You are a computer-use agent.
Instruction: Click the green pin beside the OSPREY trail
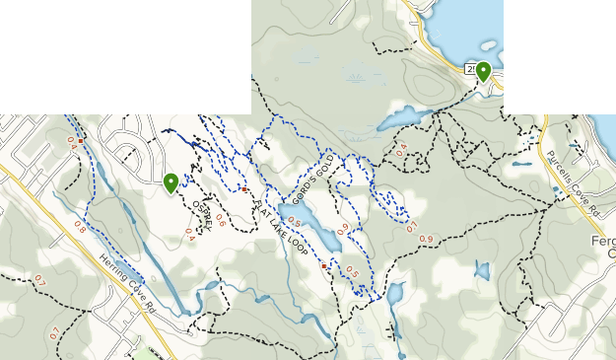171,183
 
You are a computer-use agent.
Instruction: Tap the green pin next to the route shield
483,72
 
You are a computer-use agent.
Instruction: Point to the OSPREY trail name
202,216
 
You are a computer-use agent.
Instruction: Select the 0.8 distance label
79,230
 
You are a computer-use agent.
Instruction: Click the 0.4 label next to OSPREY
189,234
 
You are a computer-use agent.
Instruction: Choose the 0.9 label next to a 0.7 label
426,240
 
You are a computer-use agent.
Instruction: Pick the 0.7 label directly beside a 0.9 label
412,228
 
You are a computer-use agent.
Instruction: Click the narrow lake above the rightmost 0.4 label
398,119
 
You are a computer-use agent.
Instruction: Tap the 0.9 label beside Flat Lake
342,229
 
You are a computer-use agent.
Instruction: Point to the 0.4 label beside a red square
71,141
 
